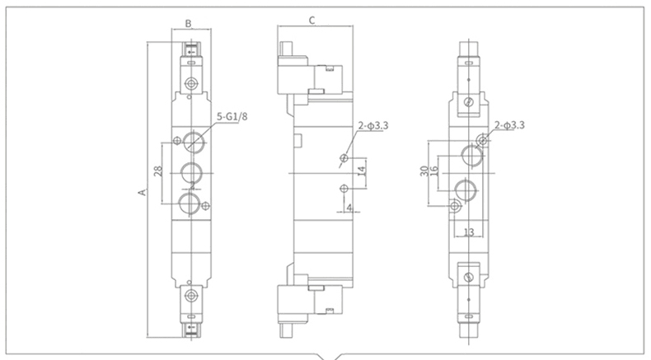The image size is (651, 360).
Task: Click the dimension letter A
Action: (143, 192)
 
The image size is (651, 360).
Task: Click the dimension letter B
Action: (188, 24)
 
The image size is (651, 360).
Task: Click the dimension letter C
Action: (312, 20)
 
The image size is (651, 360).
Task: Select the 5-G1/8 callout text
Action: (232, 117)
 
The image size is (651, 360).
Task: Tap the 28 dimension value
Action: (158, 171)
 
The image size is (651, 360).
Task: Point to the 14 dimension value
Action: (361, 171)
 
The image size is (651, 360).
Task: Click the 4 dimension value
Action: (349, 207)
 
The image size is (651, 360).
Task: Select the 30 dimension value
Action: (424, 171)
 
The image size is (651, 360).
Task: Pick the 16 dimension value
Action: (433, 171)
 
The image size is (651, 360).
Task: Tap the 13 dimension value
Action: (468, 232)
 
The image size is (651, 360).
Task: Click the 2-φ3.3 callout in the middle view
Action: (373, 125)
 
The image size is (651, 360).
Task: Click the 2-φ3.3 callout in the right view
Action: (509, 125)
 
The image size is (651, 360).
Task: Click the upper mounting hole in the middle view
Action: (344, 158)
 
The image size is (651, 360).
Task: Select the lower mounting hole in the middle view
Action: (344, 189)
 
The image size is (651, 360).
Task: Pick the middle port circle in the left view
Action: (191, 172)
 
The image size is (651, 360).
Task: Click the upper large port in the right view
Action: (472, 156)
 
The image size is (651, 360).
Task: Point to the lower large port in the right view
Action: (466, 189)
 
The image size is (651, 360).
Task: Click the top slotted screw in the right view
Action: (469, 101)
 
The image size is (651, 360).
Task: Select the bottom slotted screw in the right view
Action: (469, 277)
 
